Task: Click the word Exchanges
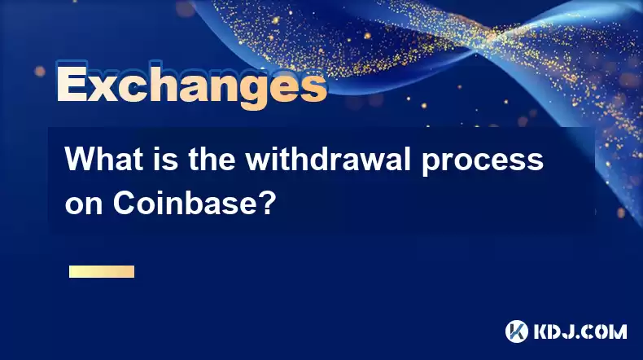pos(192,85)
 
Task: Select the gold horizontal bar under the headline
pos(102,272)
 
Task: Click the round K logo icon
pos(517,331)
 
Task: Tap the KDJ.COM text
pos(580,331)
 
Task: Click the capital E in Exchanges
pos(72,83)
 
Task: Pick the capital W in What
pos(80,159)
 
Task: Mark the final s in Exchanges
pos(314,88)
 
